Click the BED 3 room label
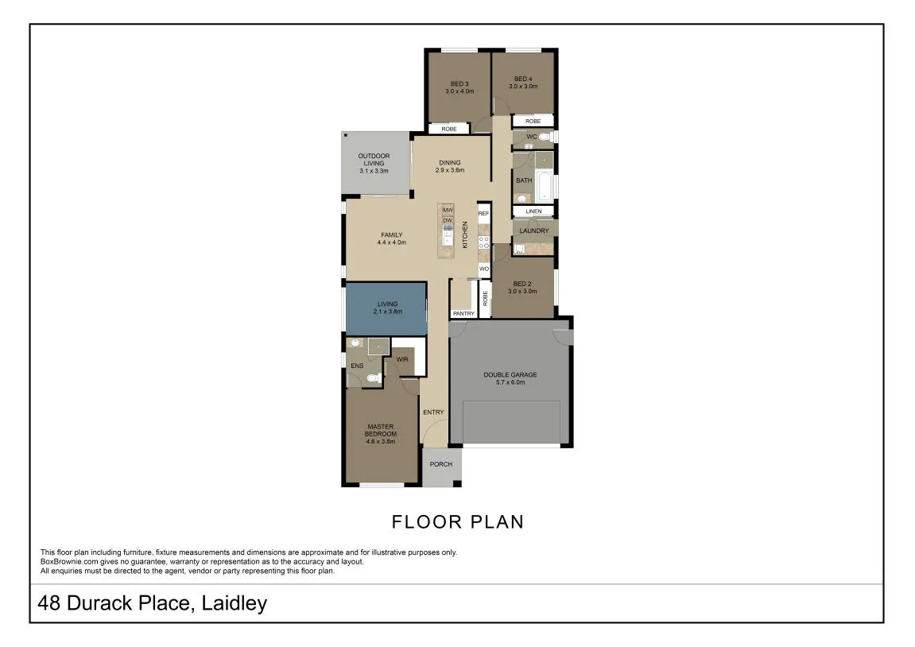tap(459, 84)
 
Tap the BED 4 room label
tap(523, 79)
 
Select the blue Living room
tap(386, 309)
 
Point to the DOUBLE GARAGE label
tap(510, 374)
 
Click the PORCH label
tap(440, 464)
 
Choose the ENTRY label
tap(433, 413)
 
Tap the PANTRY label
tap(464, 314)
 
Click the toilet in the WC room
tap(545, 137)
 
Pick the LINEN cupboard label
tap(533, 211)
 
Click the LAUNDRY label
tap(534, 231)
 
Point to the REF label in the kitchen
tap(484, 214)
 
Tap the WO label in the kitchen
tap(484, 269)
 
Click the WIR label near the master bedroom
tap(402, 359)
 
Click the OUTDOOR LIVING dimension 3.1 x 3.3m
tap(374, 171)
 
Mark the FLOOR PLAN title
tap(458, 521)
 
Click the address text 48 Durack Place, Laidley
tap(153, 603)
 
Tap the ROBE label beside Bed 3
tap(448, 129)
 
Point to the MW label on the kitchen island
tap(448, 210)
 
